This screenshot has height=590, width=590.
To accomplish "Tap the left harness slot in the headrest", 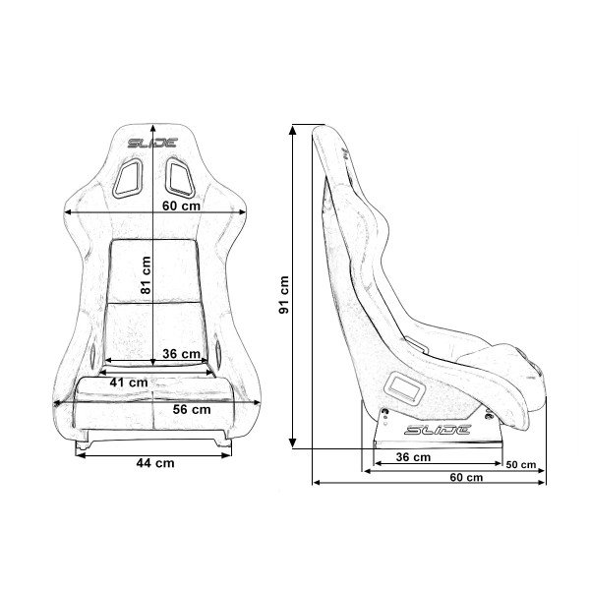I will coord(129,178).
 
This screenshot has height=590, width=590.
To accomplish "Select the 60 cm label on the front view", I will coord(181,207).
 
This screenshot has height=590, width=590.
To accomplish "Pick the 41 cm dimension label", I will coord(128,382).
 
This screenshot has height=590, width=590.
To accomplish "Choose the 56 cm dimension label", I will coord(192,408).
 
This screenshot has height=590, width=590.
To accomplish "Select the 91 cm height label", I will coord(283,293).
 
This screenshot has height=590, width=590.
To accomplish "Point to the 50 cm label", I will coord(520,464).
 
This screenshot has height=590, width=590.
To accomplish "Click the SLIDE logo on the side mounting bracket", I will coord(439,430).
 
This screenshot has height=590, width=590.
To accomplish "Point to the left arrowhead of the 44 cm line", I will coord(79,455).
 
